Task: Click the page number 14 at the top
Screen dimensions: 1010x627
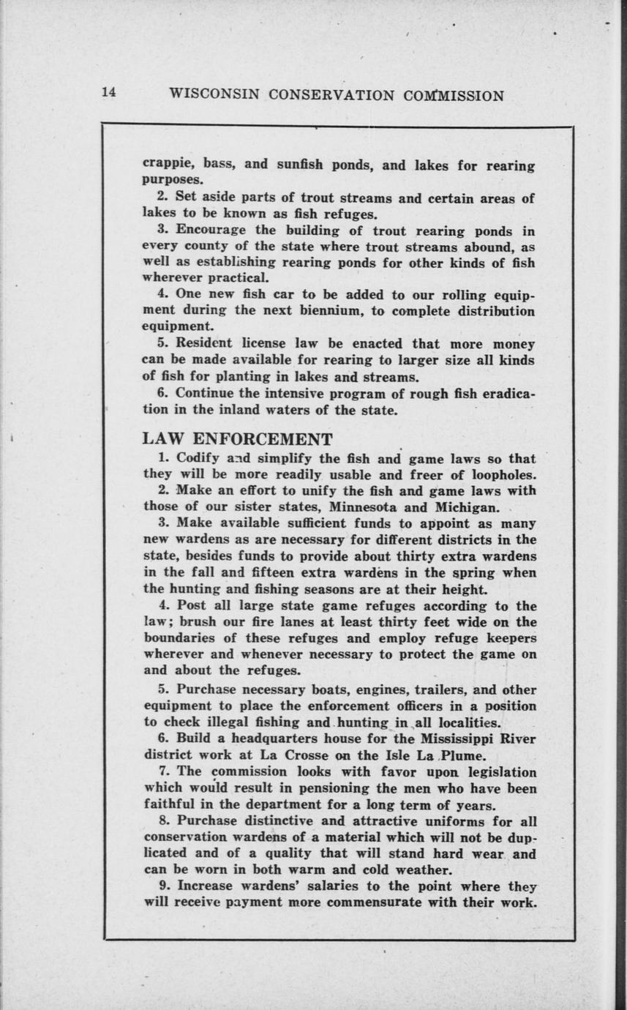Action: tap(109, 92)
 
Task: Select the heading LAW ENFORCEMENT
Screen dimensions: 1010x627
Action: tap(237, 439)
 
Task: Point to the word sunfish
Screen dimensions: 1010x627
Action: tap(302, 164)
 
